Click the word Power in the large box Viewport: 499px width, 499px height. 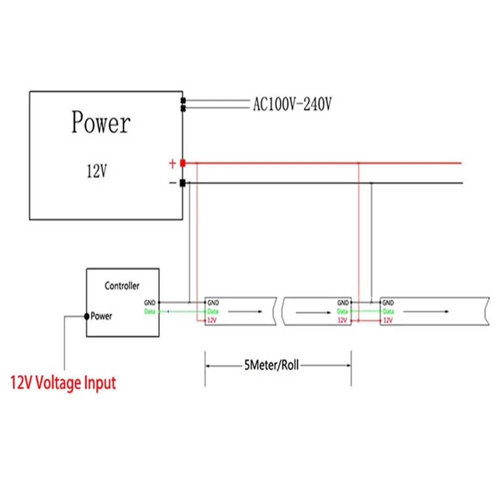[x=101, y=123]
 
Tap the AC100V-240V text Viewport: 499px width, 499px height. [x=292, y=104]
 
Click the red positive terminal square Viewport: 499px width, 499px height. [x=183, y=163]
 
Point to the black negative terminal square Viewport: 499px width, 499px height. [x=183, y=183]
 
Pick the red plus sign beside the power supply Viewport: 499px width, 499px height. [x=172, y=163]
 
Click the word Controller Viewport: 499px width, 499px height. [x=122, y=286]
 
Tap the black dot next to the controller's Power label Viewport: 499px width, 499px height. [x=87, y=316]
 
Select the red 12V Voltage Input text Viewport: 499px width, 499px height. [x=63, y=383]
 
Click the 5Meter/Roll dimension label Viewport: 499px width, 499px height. [x=271, y=365]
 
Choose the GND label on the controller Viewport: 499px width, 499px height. [x=150, y=302]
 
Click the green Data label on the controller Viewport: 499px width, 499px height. [x=150, y=311]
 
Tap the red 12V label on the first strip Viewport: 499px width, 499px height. [x=212, y=320]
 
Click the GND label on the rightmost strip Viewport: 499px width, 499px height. [x=388, y=303]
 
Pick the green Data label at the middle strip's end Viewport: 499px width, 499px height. [x=342, y=311]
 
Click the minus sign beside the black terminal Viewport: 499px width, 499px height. [x=173, y=183]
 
